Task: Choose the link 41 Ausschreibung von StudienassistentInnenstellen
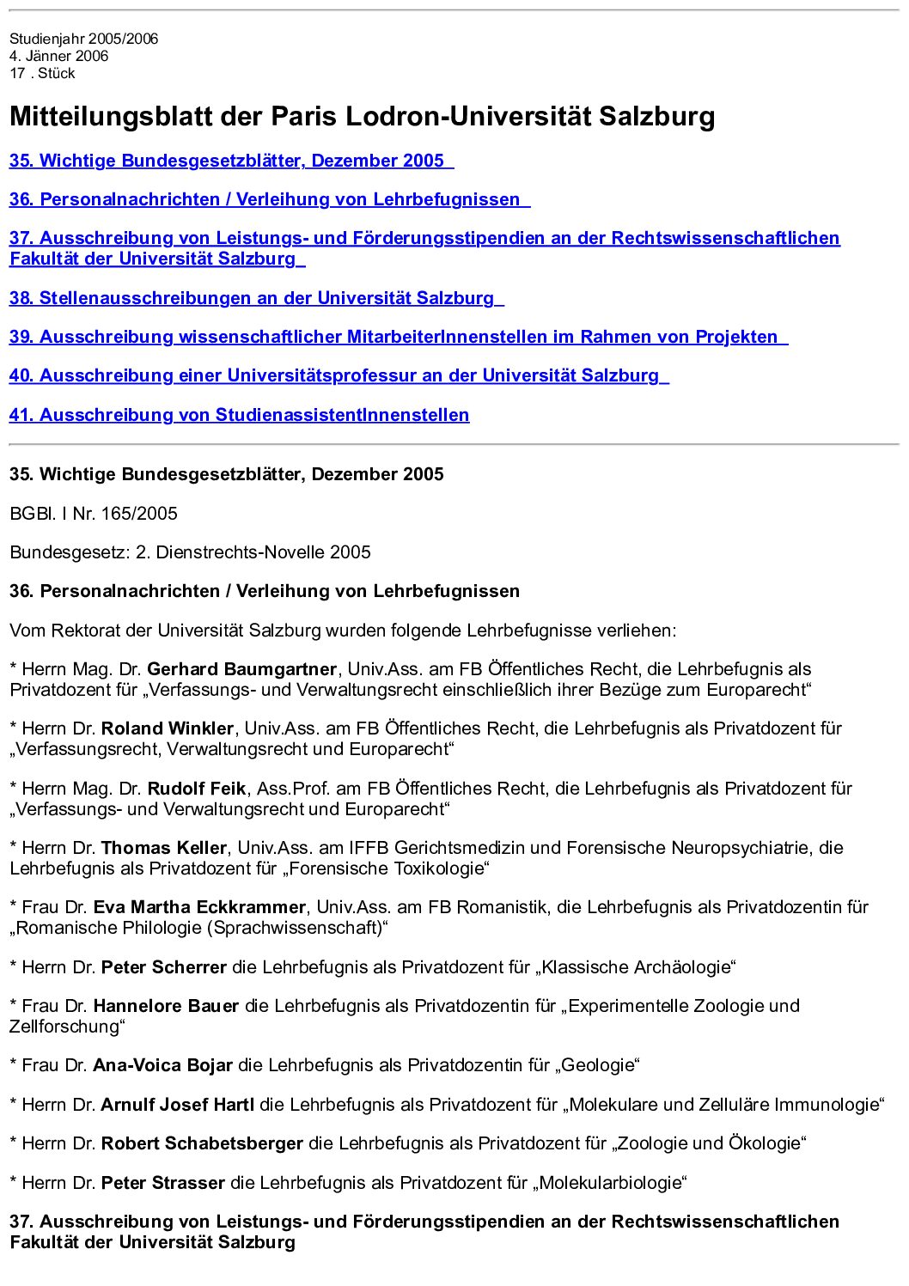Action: [239, 415]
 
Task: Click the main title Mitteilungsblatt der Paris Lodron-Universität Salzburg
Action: [362, 116]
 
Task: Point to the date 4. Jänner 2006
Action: [59, 56]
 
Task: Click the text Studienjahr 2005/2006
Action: [84, 39]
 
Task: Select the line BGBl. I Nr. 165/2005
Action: [94, 514]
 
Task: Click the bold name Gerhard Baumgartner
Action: [241, 669]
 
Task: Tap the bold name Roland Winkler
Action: [168, 728]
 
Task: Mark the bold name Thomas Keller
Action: [164, 848]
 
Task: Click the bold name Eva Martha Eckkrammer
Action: [199, 907]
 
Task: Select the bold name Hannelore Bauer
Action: [166, 1006]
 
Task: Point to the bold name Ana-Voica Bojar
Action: [162, 1065]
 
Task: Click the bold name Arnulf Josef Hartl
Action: [178, 1105]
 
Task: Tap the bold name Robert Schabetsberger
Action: [202, 1143]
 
